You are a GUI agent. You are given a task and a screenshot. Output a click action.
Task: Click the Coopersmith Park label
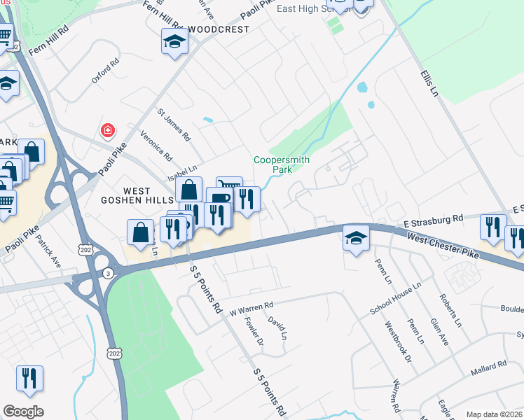282,164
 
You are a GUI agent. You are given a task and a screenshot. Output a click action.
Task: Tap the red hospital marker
107,130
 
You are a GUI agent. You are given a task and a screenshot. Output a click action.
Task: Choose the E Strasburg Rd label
434,219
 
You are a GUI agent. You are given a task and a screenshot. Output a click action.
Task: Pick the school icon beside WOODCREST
174,42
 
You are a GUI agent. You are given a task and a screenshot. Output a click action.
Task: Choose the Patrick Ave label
49,250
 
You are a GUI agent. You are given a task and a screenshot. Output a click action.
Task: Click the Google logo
23,412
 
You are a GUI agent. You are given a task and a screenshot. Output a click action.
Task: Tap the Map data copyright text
494,414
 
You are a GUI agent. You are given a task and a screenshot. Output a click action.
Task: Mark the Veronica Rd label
156,143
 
